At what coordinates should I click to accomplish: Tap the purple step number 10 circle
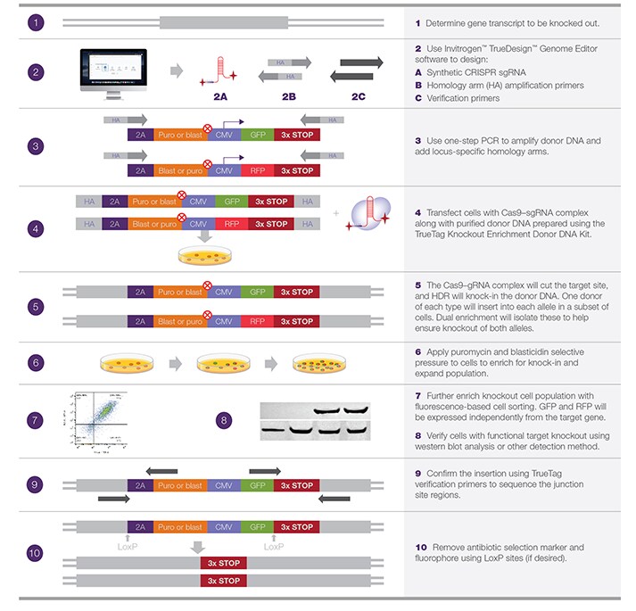[34, 553]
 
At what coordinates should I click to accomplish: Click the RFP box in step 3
[258, 170]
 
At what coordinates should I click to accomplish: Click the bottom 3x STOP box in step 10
[223, 581]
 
